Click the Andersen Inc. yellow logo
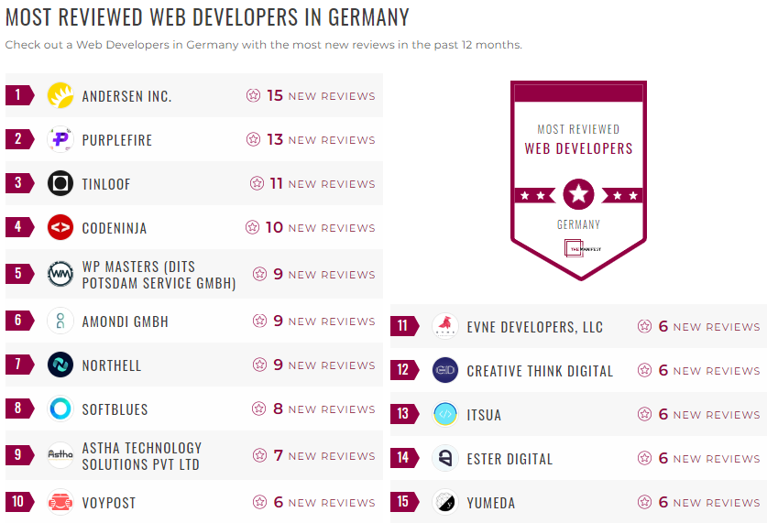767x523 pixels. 60,95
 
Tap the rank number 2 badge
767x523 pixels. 18,139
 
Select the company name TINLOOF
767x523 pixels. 106,184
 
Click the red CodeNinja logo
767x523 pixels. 60,227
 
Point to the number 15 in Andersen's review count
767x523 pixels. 275,95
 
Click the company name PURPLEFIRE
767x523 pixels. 117,140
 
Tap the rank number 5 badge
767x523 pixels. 18,274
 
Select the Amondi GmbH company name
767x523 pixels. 126,321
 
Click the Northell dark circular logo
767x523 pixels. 60,365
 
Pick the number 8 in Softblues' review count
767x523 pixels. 278,409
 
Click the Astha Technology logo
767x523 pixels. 60,455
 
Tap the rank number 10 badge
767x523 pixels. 18,502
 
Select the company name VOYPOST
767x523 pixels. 109,503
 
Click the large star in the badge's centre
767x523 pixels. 578,194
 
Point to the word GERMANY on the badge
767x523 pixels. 578,224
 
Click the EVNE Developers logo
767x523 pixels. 445,326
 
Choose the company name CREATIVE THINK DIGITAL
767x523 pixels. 540,371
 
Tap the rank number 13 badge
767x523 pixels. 403,414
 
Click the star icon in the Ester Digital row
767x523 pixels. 645,458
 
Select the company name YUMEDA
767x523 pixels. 491,503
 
